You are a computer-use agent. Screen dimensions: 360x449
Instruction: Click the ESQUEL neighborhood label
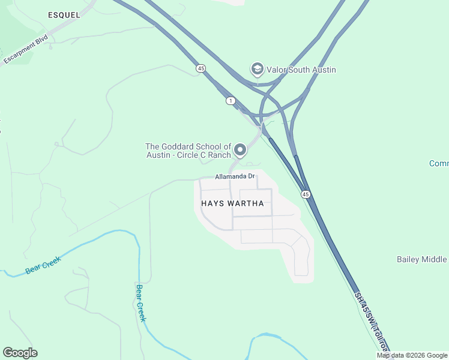[x=60, y=14]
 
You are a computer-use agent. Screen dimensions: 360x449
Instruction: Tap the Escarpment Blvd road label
[x=26, y=49]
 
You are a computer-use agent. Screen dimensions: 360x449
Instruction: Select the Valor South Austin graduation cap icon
[x=258, y=70]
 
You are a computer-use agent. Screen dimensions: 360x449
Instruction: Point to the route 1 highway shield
[x=231, y=101]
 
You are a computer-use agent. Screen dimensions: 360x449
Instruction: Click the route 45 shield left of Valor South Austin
[x=200, y=68]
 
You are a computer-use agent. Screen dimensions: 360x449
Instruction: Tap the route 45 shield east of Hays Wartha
[x=306, y=194]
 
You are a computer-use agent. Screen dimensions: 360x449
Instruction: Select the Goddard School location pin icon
[x=240, y=150]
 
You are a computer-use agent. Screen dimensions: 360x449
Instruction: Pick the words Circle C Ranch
[x=205, y=155]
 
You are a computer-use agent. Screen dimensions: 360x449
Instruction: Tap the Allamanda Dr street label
[x=235, y=176]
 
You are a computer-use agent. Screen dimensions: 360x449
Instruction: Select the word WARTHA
[x=245, y=203]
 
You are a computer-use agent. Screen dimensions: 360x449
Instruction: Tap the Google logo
[x=20, y=353]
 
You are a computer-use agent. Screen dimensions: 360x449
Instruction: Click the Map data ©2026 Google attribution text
[x=412, y=355]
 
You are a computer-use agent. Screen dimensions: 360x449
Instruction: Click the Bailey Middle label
[x=422, y=259]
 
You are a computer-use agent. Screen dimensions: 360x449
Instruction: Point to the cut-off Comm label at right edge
[x=439, y=163]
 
